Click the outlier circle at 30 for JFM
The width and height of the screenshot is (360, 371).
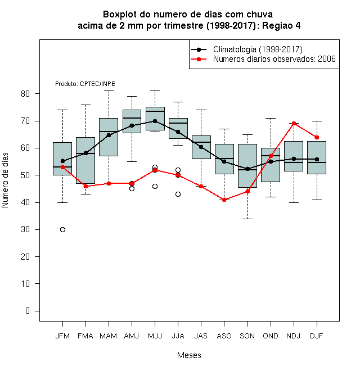click(x=62, y=229)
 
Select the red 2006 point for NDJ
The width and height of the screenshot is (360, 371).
click(x=294, y=123)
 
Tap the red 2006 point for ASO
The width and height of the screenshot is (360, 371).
click(x=224, y=200)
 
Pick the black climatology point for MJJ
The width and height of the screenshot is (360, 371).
click(x=155, y=121)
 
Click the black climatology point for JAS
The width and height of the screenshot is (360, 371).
click(x=201, y=147)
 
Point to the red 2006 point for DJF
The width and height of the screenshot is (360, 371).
click(x=317, y=138)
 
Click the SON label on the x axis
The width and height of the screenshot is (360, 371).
click(x=247, y=336)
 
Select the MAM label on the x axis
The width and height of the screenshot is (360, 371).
click(x=109, y=336)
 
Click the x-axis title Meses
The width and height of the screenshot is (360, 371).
click(x=189, y=355)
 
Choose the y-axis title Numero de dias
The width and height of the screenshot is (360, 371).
click(x=5, y=180)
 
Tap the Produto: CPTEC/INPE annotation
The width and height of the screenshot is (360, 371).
click(x=85, y=84)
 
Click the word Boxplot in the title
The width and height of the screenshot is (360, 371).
click(x=120, y=15)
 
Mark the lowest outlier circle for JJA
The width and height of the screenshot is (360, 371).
click(x=178, y=194)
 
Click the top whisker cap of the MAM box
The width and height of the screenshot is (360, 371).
click(x=109, y=91)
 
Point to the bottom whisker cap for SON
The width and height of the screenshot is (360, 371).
click(x=247, y=219)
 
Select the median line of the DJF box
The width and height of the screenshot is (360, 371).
click(x=317, y=162)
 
